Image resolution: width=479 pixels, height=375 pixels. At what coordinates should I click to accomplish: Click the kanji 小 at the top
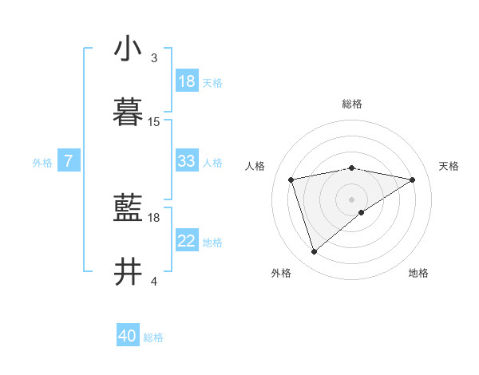pyautogui.click(x=129, y=49)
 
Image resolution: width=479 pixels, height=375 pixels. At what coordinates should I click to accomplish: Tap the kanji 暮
pyautogui.click(x=129, y=112)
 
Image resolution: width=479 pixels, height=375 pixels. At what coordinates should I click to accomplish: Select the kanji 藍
pyautogui.click(x=129, y=208)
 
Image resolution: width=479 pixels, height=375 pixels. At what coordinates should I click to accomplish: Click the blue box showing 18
pyautogui.click(x=187, y=81)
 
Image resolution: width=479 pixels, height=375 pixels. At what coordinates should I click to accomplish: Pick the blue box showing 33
pyautogui.click(x=187, y=161)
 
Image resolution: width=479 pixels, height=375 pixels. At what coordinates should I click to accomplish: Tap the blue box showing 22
pyautogui.click(x=187, y=241)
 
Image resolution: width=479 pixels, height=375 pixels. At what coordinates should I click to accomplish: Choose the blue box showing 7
pyautogui.click(x=69, y=161)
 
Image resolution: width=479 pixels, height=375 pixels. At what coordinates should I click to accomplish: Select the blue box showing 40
pyautogui.click(x=128, y=336)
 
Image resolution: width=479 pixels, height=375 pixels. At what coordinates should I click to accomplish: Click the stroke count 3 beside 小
pyautogui.click(x=154, y=58)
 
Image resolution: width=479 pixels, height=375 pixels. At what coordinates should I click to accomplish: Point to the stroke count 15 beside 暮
pyautogui.click(x=154, y=122)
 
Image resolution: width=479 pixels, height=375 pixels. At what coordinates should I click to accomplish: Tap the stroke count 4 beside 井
pyautogui.click(x=154, y=282)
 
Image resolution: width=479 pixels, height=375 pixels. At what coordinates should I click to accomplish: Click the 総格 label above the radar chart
pyautogui.click(x=352, y=104)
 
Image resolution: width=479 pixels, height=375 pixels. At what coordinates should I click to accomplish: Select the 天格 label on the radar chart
pyautogui.click(x=449, y=166)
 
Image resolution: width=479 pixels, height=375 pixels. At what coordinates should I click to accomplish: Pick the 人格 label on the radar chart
pyautogui.click(x=255, y=166)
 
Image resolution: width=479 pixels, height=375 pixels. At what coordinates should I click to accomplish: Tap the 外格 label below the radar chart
pyautogui.click(x=281, y=273)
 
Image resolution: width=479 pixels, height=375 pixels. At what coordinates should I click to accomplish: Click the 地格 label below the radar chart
pyautogui.click(x=418, y=273)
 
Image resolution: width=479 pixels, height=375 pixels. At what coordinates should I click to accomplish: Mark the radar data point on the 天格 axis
pyautogui.click(x=413, y=180)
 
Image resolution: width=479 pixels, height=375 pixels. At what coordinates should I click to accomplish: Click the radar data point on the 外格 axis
pyautogui.click(x=315, y=252)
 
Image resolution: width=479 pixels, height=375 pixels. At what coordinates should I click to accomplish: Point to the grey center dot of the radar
pyautogui.click(x=352, y=199)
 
